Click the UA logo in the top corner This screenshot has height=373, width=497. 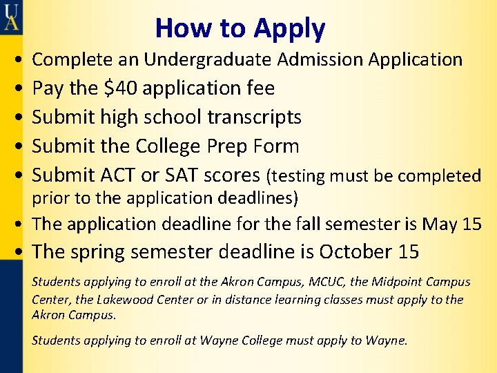pos(10,17)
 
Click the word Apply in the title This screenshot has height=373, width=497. pos(289,29)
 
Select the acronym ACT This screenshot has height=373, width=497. pos(123,175)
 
